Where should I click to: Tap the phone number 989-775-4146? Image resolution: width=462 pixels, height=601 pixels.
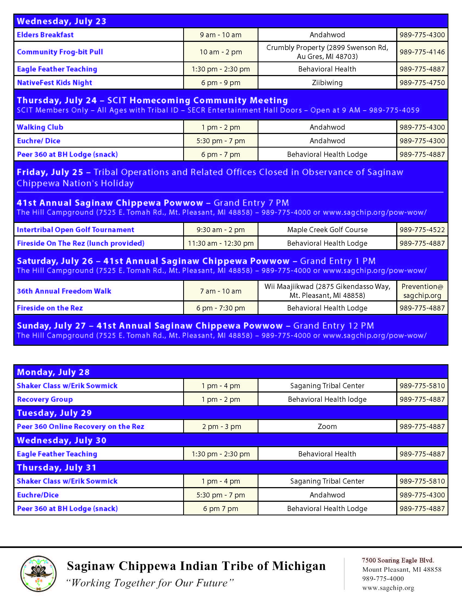pyautogui.click(x=422, y=52)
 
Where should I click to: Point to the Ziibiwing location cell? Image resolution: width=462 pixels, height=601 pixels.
pyautogui.click(x=327, y=83)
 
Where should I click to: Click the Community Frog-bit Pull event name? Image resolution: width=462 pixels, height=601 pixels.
pyautogui.click(x=60, y=52)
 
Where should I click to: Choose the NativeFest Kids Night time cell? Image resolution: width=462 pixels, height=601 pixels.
pyautogui.click(x=221, y=83)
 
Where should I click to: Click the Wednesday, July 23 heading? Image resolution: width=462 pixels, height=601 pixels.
pyautogui.click(x=62, y=21)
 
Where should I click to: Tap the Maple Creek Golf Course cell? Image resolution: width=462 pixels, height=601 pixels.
pyautogui.click(x=327, y=230)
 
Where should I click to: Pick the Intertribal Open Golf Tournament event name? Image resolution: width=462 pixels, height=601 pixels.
pyautogui.click(x=76, y=230)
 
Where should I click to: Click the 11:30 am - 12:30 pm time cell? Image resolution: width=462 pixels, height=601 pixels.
pyautogui.click(x=221, y=244)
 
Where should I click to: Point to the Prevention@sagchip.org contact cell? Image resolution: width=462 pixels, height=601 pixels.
pyautogui.click(x=422, y=291)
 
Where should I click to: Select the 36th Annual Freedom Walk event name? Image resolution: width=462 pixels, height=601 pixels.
pyautogui.click(x=64, y=291)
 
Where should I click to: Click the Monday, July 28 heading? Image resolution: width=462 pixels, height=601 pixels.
pyautogui.click(x=53, y=372)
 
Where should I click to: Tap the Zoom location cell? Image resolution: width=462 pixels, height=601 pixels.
pyautogui.click(x=327, y=426)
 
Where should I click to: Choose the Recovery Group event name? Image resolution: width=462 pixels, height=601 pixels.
pyautogui.click(x=45, y=399)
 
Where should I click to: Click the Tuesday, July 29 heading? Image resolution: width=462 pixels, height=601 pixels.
pyautogui.click(x=54, y=413)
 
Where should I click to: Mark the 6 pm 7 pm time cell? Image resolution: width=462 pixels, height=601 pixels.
pyautogui.click(x=221, y=509)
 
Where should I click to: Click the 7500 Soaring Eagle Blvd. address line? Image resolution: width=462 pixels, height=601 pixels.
pyautogui.click(x=398, y=560)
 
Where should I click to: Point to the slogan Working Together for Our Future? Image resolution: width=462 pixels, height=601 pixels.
pyautogui.click(x=150, y=583)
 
